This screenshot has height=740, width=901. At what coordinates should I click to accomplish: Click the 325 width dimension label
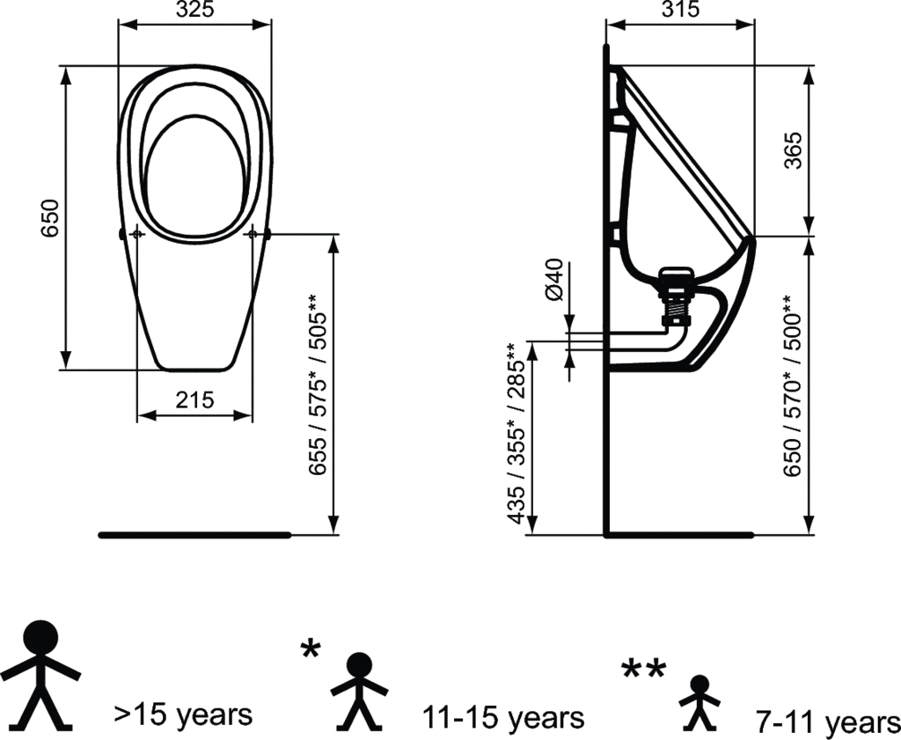pyautogui.click(x=194, y=9)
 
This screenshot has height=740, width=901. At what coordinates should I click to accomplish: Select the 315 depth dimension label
pyautogui.click(x=680, y=9)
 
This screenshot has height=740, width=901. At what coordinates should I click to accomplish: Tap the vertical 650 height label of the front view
pyautogui.click(x=50, y=218)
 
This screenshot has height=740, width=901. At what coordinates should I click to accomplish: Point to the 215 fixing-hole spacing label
pyautogui.click(x=194, y=399)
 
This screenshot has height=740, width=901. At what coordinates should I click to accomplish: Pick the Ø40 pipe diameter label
pyautogui.click(x=553, y=279)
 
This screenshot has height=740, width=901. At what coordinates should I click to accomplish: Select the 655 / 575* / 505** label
pyautogui.click(x=318, y=385)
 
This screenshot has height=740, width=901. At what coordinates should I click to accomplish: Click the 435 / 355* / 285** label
pyautogui.click(x=516, y=434)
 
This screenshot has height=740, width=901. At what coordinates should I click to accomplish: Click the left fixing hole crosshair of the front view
pyautogui.click(x=137, y=234)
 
